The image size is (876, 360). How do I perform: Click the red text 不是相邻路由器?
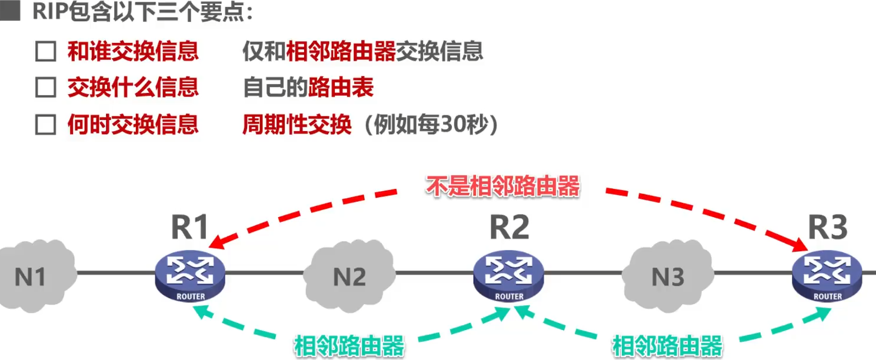(503, 187)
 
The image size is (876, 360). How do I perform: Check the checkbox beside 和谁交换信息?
(45, 52)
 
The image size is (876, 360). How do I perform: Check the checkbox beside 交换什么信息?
(45, 88)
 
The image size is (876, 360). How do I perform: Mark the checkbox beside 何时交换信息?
(45, 125)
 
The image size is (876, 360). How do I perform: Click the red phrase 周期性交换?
(297, 125)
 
